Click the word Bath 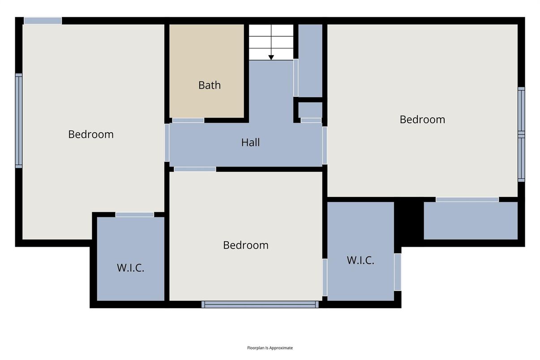point(210,85)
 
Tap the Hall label point(250,142)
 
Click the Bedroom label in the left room point(91,134)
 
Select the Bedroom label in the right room point(422,120)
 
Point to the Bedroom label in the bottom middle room point(246,245)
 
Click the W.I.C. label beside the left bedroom point(130,268)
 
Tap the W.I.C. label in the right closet point(360,261)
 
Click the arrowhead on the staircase point(271,57)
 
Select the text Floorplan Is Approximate point(270,348)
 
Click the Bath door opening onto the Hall point(188,120)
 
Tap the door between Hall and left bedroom point(167,142)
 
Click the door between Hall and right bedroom point(325,146)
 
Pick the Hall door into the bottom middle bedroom point(195,169)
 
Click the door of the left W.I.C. point(134,214)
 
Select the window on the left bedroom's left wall point(19,121)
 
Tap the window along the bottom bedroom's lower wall point(260,304)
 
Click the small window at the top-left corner point(43,21)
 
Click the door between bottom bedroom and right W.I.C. point(325,277)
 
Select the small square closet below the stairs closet point(310,110)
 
